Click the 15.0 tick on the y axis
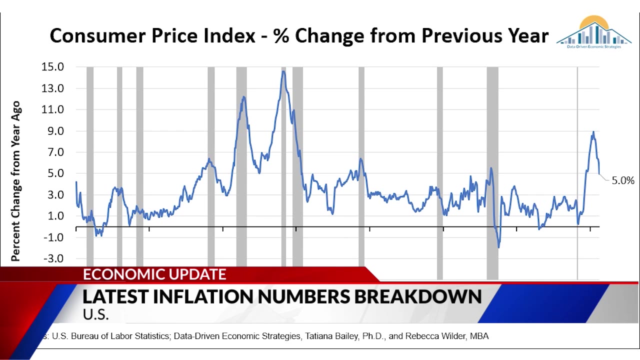[53, 67]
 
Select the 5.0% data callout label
[623, 180]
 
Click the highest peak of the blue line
[283, 71]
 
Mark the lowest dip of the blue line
[498, 246]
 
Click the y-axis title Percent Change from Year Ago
[16, 181]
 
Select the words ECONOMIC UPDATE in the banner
[154, 274]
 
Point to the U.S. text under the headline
[95, 315]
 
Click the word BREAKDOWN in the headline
[418, 296]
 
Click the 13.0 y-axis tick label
[53, 88]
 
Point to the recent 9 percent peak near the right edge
[593, 132]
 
